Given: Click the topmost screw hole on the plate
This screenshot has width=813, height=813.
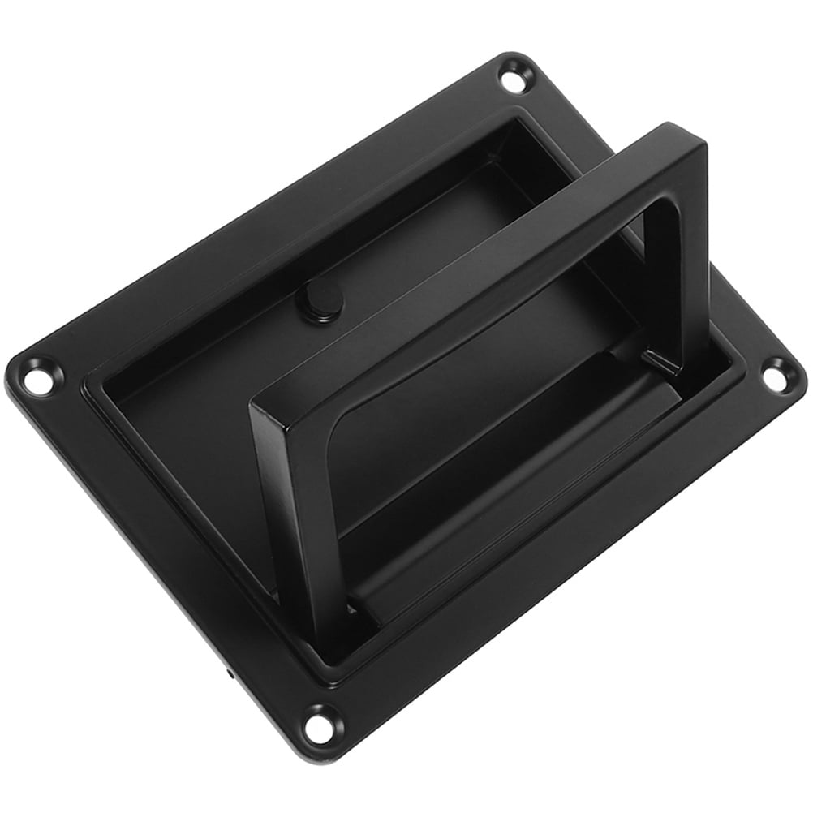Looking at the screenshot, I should (x=513, y=79).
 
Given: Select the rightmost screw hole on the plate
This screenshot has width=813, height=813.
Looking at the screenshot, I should (x=776, y=374).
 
